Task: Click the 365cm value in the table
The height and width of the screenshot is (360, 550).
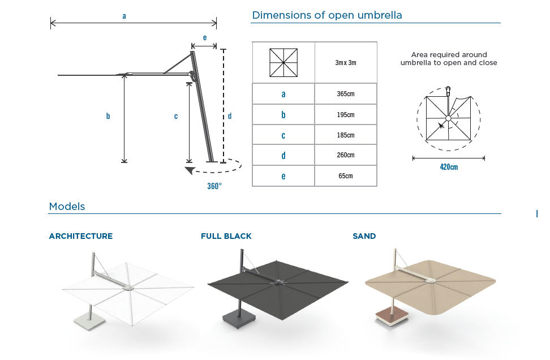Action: [x=346, y=94]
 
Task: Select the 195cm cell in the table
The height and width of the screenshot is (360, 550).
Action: [x=346, y=115]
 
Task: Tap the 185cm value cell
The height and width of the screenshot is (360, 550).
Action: [x=346, y=135]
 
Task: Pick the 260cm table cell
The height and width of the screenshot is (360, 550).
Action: [x=346, y=155]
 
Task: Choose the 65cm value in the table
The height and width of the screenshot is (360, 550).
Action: [x=346, y=176]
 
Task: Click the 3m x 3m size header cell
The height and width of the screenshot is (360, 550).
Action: [x=346, y=62]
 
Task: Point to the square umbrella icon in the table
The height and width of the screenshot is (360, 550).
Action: [x=283, y=62]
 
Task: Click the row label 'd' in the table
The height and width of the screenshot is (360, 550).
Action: [x=283, y=156]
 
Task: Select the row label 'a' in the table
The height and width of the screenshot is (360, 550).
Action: [x=283, y=94]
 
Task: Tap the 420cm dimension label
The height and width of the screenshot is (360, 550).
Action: [x=449, y=167]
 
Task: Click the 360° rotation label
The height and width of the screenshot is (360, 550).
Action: [x=214, y=186]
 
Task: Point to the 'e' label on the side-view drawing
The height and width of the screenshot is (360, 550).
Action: [x=204, y=38]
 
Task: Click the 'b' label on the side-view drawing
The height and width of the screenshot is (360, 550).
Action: [x=108, y=116]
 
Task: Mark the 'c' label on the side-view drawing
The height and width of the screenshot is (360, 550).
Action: [x=176, y=116]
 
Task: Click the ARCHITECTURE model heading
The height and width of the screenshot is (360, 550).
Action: [x=81, y=236]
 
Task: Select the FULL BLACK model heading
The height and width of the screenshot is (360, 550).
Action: [x=226, y=236]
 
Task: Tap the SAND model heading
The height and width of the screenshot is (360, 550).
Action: [x=364, y=236]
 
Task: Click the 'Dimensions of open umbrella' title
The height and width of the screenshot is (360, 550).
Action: [x=327, y=15]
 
